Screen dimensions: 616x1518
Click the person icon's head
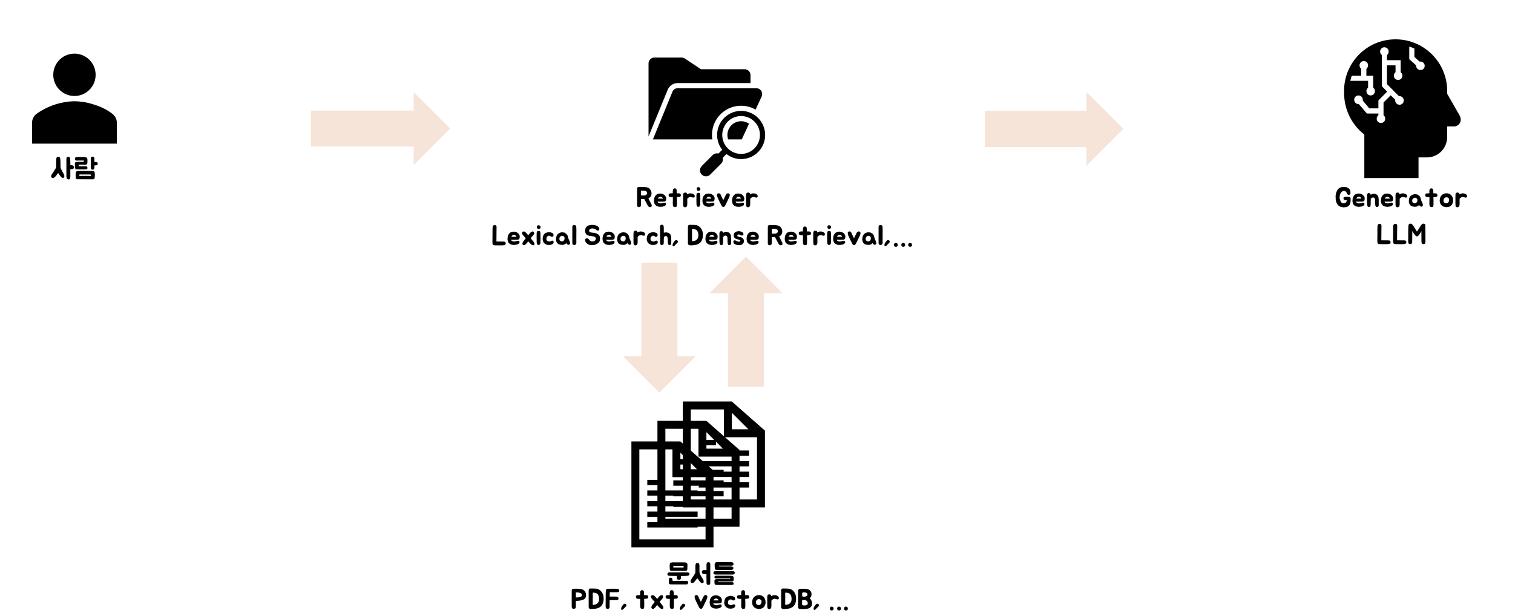coord(74,74)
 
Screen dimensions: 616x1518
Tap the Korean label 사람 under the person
coord(74,168)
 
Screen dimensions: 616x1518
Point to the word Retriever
coord(697,198)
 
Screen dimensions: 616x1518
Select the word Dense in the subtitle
coord(723,236)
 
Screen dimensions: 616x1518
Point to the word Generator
coord(1401,198)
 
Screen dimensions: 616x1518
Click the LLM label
coord(1401,235)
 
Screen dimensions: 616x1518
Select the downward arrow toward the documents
coord(659,327)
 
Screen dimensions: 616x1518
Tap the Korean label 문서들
coord(700,573)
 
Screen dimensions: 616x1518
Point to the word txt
coord(658,600)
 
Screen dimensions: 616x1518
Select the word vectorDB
coord(753,600)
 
